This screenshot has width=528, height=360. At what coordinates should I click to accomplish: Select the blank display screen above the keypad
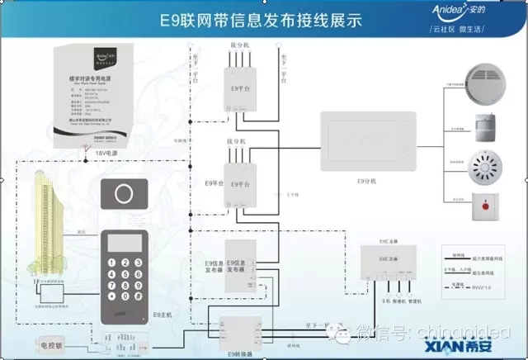pyautogui.click(x=125, y=241)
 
